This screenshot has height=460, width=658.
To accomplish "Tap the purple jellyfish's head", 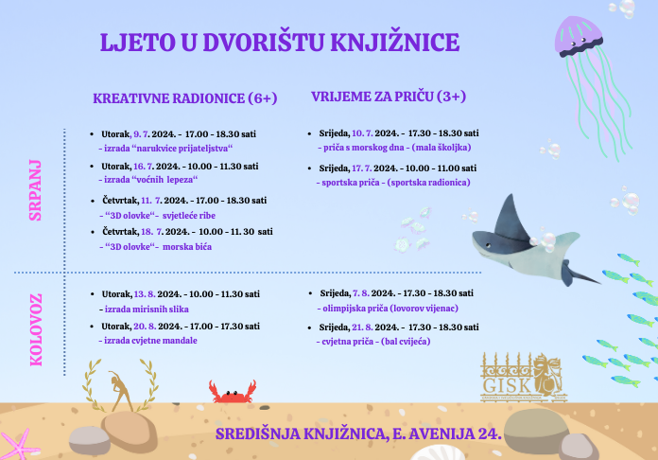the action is [579, 36].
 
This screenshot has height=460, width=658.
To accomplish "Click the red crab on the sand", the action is [233, 393].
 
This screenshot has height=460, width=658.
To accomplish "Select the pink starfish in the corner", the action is [17, 445].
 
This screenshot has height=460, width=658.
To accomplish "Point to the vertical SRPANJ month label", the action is [35, 190].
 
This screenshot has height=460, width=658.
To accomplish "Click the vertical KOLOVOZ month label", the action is [36, 329].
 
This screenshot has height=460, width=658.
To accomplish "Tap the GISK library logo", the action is [524, 377].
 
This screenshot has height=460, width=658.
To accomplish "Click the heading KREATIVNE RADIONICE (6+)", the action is [185, 98].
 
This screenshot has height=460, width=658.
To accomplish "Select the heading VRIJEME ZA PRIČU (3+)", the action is [389, 97].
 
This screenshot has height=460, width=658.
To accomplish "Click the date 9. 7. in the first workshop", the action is [141, 134].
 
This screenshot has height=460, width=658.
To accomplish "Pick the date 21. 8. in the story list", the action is [362, 327].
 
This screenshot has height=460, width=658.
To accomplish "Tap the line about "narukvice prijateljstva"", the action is [165, 149].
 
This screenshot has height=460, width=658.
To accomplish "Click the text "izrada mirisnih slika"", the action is [144, 310].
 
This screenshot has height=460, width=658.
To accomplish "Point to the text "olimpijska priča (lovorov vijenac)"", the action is [388, 309].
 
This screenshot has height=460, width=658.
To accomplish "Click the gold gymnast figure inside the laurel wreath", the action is [120, 390].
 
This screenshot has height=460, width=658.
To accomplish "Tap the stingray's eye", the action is [488, 244].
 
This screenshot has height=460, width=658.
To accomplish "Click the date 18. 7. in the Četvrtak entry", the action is [151, 232].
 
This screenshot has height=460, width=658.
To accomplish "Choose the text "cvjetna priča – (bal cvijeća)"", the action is [373, 342].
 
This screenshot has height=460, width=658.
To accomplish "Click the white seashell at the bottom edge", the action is [437, 453].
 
